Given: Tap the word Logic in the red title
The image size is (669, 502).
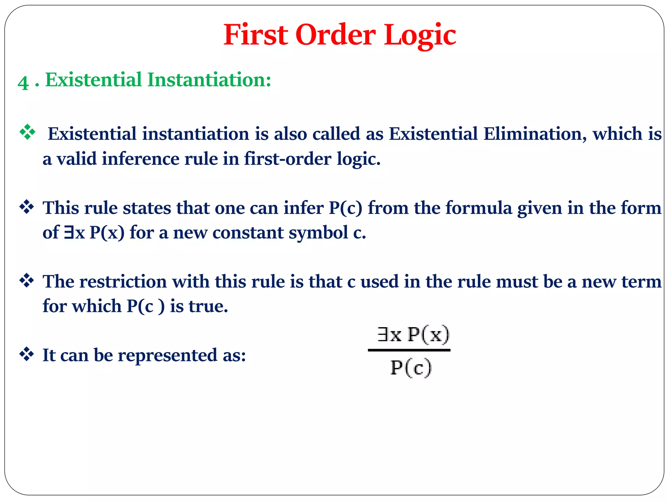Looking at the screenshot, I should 420,35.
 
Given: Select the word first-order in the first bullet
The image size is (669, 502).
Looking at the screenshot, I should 287,159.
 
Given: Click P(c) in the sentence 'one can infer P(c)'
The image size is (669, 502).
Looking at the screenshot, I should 346,208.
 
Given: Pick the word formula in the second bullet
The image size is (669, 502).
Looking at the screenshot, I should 479,208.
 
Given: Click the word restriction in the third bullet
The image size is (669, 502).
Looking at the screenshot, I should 123,281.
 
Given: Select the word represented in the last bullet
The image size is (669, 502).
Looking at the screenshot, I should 167,355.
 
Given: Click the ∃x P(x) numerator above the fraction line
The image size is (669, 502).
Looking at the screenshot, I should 413,335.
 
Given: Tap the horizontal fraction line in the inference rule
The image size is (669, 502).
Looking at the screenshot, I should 409,350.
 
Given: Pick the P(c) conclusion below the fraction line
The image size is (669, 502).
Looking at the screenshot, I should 411,368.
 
